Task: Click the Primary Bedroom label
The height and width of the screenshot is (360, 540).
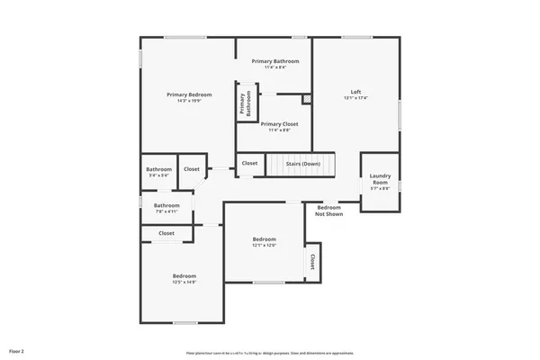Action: (x=189, y=94)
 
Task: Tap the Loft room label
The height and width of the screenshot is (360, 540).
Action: (x=355, y=92)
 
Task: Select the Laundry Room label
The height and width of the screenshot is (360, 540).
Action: (x=380, y=178)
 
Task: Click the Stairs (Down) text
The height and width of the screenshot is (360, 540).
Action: (x=303, y=164)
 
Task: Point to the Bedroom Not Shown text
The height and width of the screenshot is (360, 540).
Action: (x=328, y=211)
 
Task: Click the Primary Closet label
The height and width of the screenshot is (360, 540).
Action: (x=279, y=124)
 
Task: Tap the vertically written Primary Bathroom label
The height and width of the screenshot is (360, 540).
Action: (x=243, y=101)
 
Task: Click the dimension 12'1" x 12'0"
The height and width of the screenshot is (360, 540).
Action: (x=263, y=245)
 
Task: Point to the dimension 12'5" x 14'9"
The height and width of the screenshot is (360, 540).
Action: (x=184, y=282)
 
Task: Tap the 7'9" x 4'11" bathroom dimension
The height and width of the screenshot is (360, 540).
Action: (x=166, y=211)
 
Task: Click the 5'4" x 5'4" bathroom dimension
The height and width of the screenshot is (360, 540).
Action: (x=159, y=175)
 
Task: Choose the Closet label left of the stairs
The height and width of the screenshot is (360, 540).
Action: (x=249, y=163)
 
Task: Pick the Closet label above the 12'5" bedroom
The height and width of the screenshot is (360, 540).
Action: (x=166, y=233)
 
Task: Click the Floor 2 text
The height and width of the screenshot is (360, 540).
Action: (x=16, y=350)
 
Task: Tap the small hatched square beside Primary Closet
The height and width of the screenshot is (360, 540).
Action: (x=306, y=99)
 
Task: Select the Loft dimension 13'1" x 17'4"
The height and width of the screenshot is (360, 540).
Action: (x=355, y=98)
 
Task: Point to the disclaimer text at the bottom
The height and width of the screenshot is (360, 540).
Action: (x=270, y=352)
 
